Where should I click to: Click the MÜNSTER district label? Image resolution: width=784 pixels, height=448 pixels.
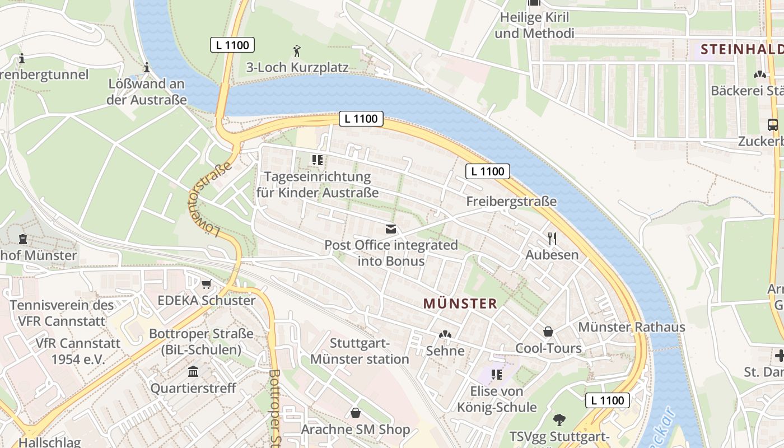coord(460,304)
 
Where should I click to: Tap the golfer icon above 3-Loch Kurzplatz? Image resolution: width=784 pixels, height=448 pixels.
coord(297,52)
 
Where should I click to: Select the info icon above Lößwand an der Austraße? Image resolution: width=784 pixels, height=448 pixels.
coord(147,68)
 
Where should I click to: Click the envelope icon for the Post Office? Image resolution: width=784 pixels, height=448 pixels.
coord(390,229)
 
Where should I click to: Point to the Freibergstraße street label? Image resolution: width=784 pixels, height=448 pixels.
coord(511,201)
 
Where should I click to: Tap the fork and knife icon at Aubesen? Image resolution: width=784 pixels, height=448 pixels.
coord(552,239)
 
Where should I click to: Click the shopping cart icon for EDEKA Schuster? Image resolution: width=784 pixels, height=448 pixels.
coord(206,284)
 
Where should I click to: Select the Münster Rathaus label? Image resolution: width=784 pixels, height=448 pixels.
coord(631,327)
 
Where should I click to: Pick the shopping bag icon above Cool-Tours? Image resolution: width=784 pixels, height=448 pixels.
coord(548,332)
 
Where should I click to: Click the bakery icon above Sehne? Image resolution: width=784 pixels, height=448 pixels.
coord(445,334)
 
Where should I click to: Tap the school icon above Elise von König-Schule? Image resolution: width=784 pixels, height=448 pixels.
coord(496,374)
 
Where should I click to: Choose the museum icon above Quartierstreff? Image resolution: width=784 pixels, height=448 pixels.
coord(193,371)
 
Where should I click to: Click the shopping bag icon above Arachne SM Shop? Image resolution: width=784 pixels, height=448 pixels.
coord(355,413)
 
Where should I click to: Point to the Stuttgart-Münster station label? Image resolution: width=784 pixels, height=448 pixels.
coord(360,351)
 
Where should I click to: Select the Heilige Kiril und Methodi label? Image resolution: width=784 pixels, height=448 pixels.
coord(534,25)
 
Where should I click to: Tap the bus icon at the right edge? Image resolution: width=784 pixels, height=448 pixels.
coord(773,124)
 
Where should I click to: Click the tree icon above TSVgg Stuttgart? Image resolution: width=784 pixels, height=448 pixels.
coord(559,419)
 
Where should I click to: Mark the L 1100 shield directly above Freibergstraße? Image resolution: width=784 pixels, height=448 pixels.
coord(487,171)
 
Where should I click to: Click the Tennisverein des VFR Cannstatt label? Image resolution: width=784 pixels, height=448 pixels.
coord(62,313)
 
